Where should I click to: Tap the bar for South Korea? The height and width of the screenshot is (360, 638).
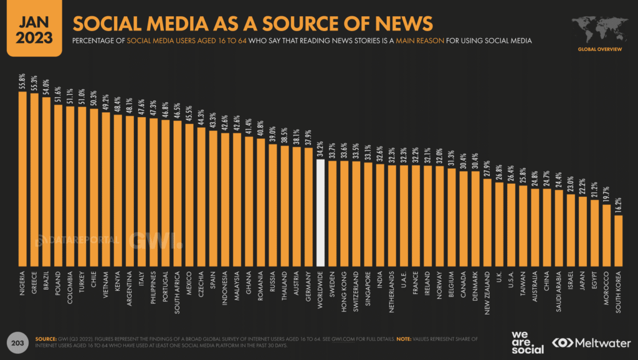(618, 240)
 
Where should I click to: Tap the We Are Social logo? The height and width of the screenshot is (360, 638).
(527, 342)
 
